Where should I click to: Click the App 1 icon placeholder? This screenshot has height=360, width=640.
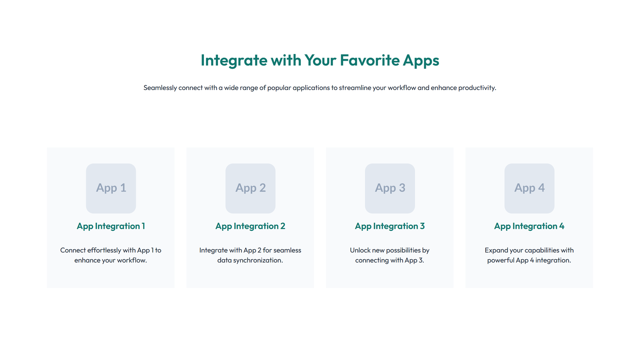111,188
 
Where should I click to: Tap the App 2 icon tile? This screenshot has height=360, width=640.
250,188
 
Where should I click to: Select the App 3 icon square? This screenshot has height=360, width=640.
390,188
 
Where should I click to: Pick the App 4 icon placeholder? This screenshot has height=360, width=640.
529,188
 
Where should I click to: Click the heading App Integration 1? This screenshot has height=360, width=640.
111,226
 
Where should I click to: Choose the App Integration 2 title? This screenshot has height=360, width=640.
250,226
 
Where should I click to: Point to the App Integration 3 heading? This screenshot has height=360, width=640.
390,226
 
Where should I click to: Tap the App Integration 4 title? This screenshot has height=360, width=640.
529,226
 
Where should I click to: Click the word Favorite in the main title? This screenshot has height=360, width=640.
370,60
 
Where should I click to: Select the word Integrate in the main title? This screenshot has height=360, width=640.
234,60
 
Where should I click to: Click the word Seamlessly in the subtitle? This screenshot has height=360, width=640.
160,88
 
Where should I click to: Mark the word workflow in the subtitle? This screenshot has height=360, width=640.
402,88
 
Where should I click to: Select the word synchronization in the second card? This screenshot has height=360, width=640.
256,260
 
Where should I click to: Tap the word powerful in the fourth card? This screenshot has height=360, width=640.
500,260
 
